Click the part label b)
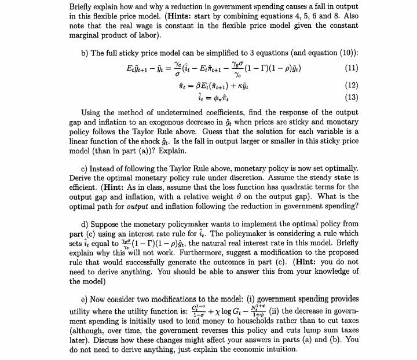click(x=85, y=52)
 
